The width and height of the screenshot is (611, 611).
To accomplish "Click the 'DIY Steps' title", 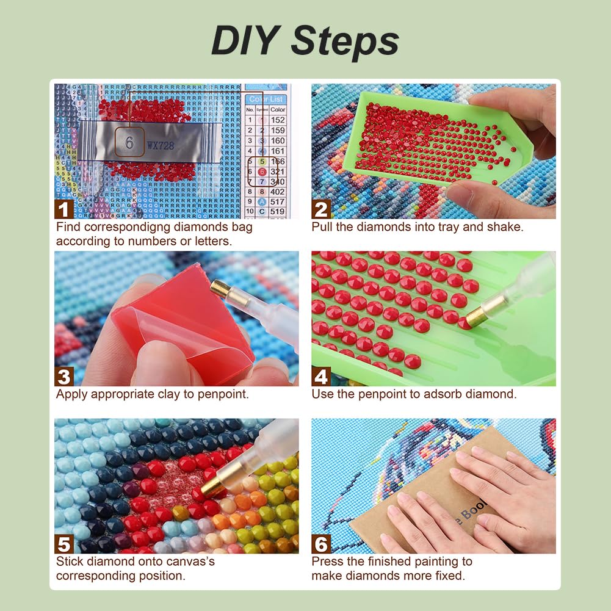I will pos(305,41).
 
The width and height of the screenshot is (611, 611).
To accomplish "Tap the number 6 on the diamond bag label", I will pos(129,143).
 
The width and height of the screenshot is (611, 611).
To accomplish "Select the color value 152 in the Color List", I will pos(278,120).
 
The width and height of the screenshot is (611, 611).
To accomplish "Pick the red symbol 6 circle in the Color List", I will pos(261,172).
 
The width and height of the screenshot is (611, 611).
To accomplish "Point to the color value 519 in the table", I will pos(278,212).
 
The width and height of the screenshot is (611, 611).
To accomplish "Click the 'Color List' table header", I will pos(266,99).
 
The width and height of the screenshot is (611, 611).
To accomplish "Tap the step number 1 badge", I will pos(64,209).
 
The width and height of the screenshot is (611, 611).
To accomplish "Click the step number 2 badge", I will pos(321,209).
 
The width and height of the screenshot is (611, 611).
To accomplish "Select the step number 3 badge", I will pos(64,377).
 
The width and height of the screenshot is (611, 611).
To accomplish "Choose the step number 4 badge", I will pos(321,377).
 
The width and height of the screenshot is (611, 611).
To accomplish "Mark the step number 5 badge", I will pos(64,544).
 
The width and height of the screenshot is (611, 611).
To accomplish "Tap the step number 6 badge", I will pos(321,544).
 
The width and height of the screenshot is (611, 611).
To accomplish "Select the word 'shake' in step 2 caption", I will pos(506,227).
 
